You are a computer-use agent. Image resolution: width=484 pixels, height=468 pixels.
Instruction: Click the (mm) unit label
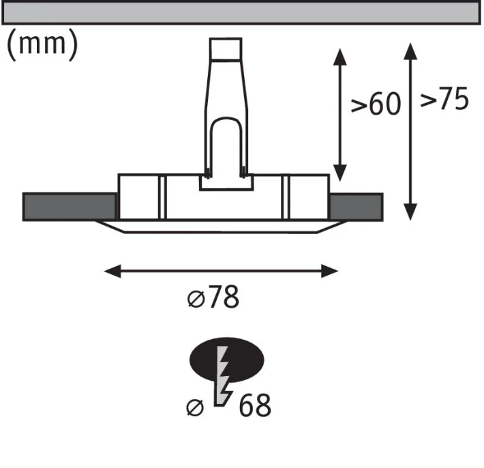[42, 45]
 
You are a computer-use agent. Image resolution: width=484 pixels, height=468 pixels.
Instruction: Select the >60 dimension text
[376, 104]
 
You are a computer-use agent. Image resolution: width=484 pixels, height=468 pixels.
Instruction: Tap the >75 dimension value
[444, 98]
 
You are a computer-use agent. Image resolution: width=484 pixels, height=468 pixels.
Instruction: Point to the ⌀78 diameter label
[213, 297]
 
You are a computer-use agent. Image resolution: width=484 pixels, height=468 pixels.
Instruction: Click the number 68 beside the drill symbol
[255, 405]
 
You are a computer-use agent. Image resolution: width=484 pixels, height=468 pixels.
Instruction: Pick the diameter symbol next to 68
[196, 407]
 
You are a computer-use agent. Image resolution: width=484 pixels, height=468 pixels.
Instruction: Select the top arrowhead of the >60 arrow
[340, 57]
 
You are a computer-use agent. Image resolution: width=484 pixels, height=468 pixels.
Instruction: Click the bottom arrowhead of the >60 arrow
[340, 173]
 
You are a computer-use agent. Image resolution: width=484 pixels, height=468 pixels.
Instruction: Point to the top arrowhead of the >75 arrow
[410, 51]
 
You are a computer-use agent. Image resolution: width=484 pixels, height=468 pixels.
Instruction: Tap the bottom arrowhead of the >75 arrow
[410, 212]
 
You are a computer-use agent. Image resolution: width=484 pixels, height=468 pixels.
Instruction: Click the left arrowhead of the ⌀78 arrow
[112, 271]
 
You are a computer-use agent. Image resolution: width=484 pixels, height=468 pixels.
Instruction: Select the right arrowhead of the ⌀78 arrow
[330, 271]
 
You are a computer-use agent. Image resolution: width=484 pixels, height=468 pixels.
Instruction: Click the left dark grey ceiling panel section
[70, 207]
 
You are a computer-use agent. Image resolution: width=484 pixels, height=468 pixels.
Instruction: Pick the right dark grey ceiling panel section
[357, 207]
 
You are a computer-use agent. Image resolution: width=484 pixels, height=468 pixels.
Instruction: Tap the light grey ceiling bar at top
[241, 12]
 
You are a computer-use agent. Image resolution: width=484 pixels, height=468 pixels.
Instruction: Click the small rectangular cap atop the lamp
[226, 48]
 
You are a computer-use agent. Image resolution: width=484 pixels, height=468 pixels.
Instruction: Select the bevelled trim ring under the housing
[220, 226]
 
